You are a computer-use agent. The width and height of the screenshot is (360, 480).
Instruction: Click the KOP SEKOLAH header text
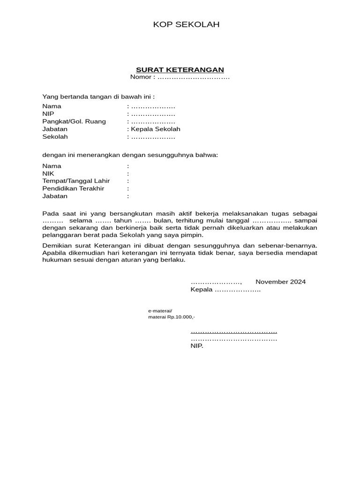tap(186, 25)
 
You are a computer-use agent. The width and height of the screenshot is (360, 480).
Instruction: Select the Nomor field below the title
tap(180, 77)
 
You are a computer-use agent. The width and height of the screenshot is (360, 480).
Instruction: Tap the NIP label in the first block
tap(48, 114)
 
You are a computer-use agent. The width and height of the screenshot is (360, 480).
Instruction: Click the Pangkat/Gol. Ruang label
tap(74, 121)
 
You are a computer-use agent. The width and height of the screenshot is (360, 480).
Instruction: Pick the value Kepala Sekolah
tap(155, 129)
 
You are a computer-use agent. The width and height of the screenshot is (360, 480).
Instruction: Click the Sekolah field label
tap(55, 136)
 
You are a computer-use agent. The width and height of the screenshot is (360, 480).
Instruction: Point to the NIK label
tap(48, 173)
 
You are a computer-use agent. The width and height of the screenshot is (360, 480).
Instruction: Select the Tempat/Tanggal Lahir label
tap(76, 181)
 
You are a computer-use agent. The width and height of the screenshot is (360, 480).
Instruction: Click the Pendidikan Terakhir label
tap(73, 188)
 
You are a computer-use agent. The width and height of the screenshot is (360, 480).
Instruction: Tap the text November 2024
tap(280, 282)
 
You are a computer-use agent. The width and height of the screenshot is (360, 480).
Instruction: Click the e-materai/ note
tap(160, 311)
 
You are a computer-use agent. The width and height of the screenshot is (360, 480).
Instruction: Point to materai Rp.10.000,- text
tap(171, 317)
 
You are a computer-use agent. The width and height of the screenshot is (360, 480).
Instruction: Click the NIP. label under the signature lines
tap(196, 346)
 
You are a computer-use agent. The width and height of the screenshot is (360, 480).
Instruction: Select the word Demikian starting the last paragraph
tap(57, 245)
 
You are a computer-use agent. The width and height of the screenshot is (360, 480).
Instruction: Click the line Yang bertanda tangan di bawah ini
tap(98, 97)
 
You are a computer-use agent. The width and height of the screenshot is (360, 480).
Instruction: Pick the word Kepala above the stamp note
tap(201, 290)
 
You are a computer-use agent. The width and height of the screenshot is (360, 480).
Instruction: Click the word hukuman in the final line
tap(57, 260)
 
